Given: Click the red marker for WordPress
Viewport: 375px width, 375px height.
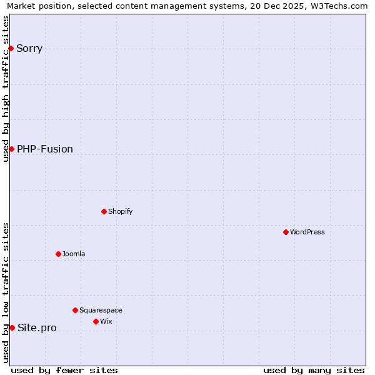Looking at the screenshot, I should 286,232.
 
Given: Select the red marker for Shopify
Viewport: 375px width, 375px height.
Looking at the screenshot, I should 104,211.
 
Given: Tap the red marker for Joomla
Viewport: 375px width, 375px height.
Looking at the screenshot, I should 58,254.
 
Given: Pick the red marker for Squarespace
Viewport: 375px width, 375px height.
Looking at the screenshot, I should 75,310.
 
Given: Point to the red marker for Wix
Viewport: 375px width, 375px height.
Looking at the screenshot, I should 96,321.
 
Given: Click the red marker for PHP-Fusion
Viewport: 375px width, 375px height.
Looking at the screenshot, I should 11,149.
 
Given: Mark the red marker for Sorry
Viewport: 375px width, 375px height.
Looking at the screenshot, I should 11,48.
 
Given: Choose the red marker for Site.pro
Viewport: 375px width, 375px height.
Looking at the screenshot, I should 12,327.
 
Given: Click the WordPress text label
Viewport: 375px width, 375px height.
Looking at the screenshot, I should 307,232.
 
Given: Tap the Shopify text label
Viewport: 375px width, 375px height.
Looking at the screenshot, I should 121,211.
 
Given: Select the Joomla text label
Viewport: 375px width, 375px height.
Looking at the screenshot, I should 74,254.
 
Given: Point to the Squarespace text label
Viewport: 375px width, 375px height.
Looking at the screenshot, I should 101,310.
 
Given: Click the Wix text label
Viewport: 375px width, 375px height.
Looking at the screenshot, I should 106,321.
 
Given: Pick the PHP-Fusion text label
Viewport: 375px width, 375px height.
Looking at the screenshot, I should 45,149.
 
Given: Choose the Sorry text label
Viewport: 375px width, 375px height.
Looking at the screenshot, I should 29,48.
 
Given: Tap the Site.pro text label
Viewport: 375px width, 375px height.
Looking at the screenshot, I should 37,327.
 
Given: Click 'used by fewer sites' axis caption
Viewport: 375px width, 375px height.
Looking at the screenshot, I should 64,370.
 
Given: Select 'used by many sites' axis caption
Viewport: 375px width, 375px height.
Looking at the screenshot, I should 314,370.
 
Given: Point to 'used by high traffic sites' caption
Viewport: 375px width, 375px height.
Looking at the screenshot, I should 6,89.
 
